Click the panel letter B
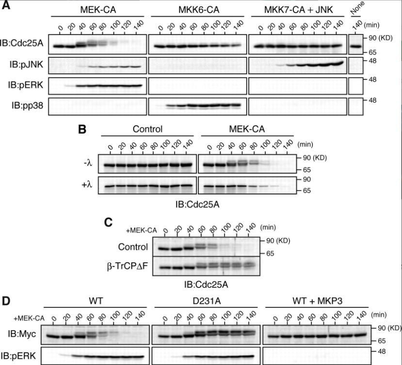(82, 130)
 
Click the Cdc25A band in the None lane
(355, 47)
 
